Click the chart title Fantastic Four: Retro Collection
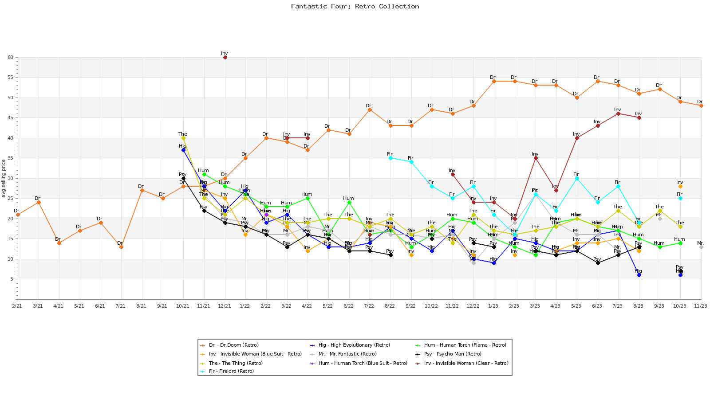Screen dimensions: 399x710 coord(355,6)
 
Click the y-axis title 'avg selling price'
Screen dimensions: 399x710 coord(4,178)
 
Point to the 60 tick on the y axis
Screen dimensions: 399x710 coord(10,58)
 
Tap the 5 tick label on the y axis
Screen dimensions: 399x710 coord(10,279)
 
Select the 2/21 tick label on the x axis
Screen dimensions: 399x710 coord(17,306)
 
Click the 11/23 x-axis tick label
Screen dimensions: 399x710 coord(701,306)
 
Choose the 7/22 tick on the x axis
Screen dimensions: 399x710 coord(369,306)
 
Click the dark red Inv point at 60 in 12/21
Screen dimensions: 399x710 coord(225,58)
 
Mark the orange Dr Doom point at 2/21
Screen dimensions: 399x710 coord(18,215)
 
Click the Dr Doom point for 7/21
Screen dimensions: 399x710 coord(121,247)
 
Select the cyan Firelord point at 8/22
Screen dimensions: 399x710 coord(390,158)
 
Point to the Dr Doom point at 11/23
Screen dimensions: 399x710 coord(701,106)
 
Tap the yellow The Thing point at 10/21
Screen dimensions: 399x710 coord(183,138)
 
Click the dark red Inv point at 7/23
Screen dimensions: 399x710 coord(618,114)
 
